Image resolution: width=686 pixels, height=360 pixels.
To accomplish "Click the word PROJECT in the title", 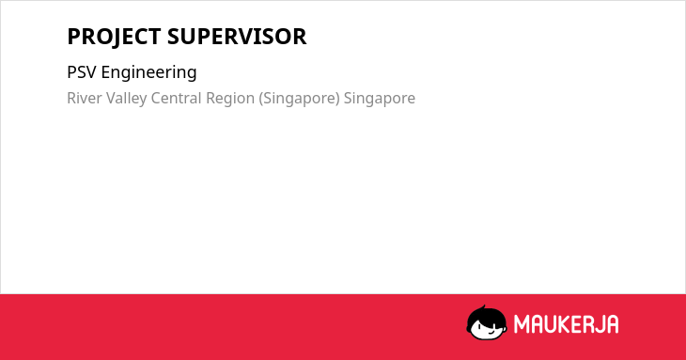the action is click(x=114, y=37).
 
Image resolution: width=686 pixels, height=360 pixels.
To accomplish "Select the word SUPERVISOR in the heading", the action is click(x=237, y=37).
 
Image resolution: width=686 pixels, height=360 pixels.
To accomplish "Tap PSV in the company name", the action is click(x=82, y=72).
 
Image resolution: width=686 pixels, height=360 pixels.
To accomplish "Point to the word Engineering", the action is click(x=148, y=73).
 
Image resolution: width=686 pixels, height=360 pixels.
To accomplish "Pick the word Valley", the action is click(x=127, y=99).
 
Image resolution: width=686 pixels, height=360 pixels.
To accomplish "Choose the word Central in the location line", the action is click(x=177, y=98).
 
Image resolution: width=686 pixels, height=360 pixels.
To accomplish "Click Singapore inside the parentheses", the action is click(x=299, y=99).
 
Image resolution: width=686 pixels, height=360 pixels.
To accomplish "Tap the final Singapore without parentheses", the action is click(x=380, y=99).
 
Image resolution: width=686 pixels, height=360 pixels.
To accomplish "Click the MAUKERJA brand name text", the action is click(x=566, y=324).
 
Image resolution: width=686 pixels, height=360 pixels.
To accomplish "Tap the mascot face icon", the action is click(x=487, y=323).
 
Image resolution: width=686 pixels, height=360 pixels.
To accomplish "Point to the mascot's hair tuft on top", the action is click(x=483, y=308).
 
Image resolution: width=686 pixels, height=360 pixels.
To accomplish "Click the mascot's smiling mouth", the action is click(x=491, y=332).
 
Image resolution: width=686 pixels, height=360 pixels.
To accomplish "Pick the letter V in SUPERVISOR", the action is click(x=248, y=37).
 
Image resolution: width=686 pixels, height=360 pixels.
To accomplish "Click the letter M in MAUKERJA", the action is click(x=522, y=324).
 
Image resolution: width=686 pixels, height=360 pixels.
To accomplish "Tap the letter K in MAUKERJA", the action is click(x=565, y=324).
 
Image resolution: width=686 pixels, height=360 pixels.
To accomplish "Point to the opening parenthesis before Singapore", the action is click(x=261, y=99).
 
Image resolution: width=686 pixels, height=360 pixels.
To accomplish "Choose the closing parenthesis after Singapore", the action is click(x=337, y=99).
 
